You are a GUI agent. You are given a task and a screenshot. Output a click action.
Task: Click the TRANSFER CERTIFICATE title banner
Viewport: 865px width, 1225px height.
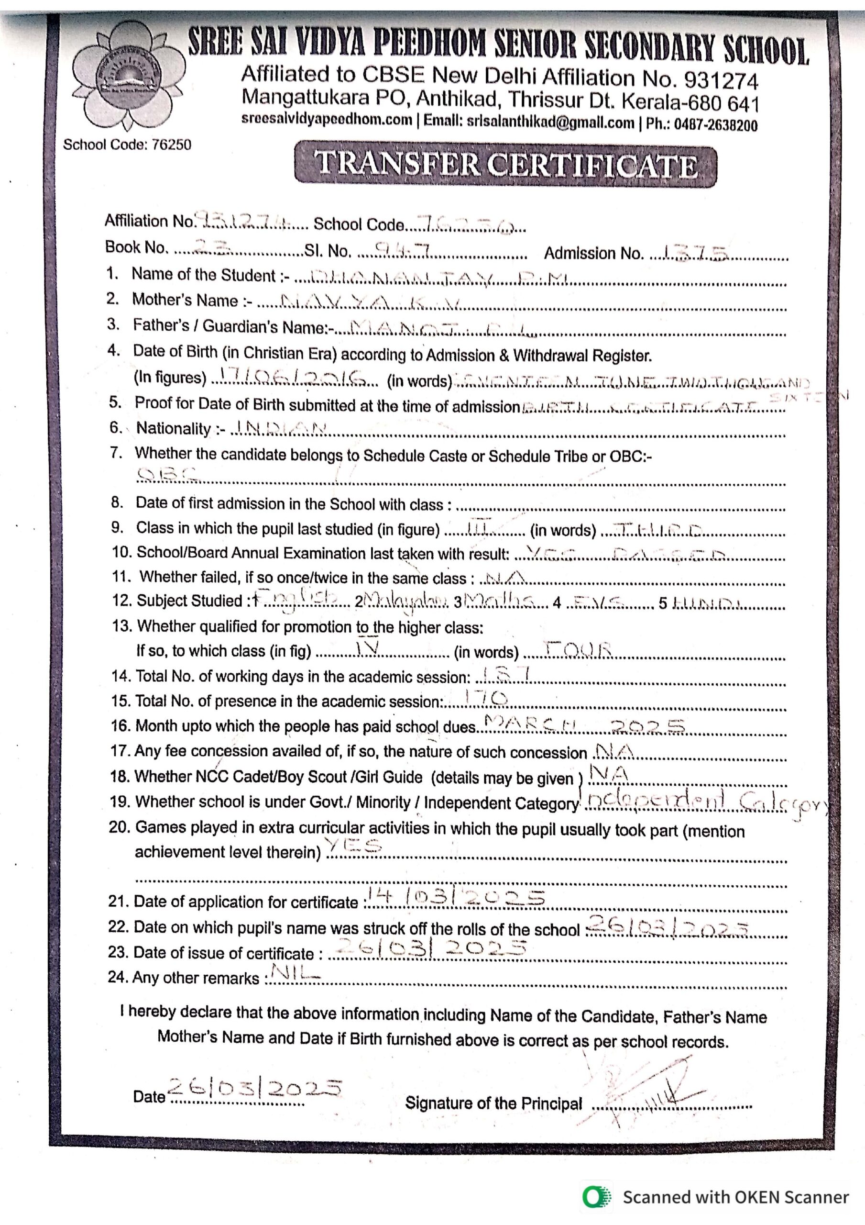pyautogui.click(x=505, y=164)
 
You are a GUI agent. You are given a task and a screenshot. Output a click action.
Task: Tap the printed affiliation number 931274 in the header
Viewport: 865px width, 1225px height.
pyautogui.click(x=721, y=80)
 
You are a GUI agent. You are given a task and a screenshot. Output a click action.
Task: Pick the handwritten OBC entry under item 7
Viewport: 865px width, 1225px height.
pyautogui.click(x=166, y=474)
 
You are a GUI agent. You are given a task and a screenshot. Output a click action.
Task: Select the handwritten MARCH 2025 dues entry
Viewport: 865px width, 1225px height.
pyautogui.click(x=583, y=724)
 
